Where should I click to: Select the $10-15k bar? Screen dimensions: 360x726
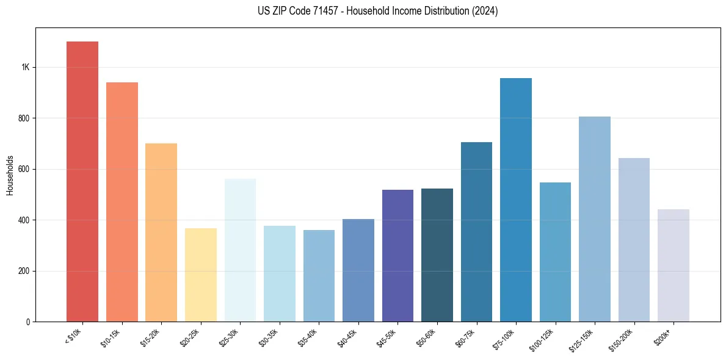tap(122, 202)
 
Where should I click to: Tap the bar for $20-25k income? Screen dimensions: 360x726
tap(201, 275)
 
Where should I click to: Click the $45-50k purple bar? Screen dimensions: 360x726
tap(397, 256)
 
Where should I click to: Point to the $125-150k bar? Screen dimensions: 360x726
tap(595, 219)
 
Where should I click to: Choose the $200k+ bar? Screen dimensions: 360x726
tap(673, 265)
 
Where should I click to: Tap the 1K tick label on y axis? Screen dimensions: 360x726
tap(26, 67)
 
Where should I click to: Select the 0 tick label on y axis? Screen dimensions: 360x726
tap(28, 322)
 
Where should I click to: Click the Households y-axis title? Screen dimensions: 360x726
tap(10, 175)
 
